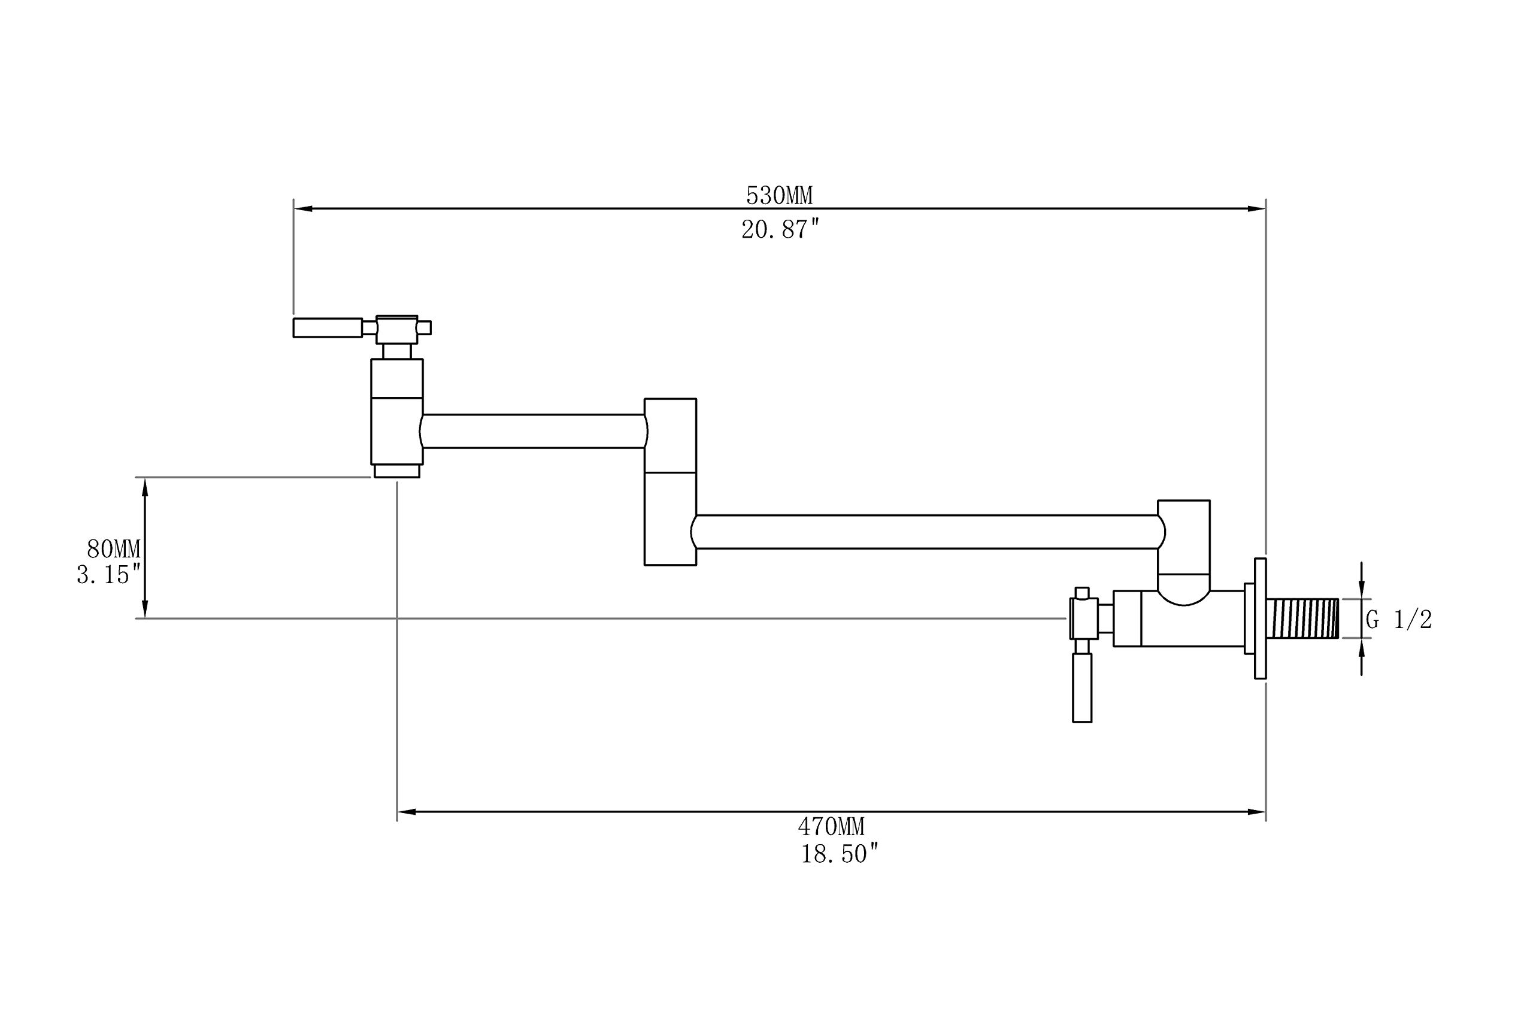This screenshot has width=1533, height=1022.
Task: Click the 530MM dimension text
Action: (779, 196)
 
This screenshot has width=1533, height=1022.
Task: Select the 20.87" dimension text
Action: (780, 229)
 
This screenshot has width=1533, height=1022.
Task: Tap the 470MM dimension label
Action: (831, 827)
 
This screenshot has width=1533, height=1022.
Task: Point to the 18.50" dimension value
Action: (840, 854)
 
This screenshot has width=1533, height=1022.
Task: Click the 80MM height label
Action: (113, 550)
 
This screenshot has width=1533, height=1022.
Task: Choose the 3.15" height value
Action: (108, 575)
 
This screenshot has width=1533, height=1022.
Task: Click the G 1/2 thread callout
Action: (1399, 619)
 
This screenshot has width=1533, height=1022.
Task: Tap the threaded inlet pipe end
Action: (1302, 618)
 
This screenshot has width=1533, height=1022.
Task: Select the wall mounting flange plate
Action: (1261, 618)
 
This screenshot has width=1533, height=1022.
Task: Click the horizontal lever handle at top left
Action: (328, 327)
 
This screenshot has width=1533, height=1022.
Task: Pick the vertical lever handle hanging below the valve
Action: (1082, 688)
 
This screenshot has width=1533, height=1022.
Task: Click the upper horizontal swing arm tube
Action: (534, 431)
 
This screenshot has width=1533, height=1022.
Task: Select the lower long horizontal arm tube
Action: (928, 532)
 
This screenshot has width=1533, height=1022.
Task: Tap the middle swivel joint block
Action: (670, 482)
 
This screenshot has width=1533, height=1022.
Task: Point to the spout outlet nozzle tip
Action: (397, 471)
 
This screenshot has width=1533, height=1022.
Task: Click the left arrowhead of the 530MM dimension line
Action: (303, 208)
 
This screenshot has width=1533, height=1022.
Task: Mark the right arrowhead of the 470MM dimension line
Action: (1256, 811)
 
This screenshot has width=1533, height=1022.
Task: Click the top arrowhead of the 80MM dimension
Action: (145, 486)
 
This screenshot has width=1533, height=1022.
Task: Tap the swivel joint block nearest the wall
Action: (1184, 553)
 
